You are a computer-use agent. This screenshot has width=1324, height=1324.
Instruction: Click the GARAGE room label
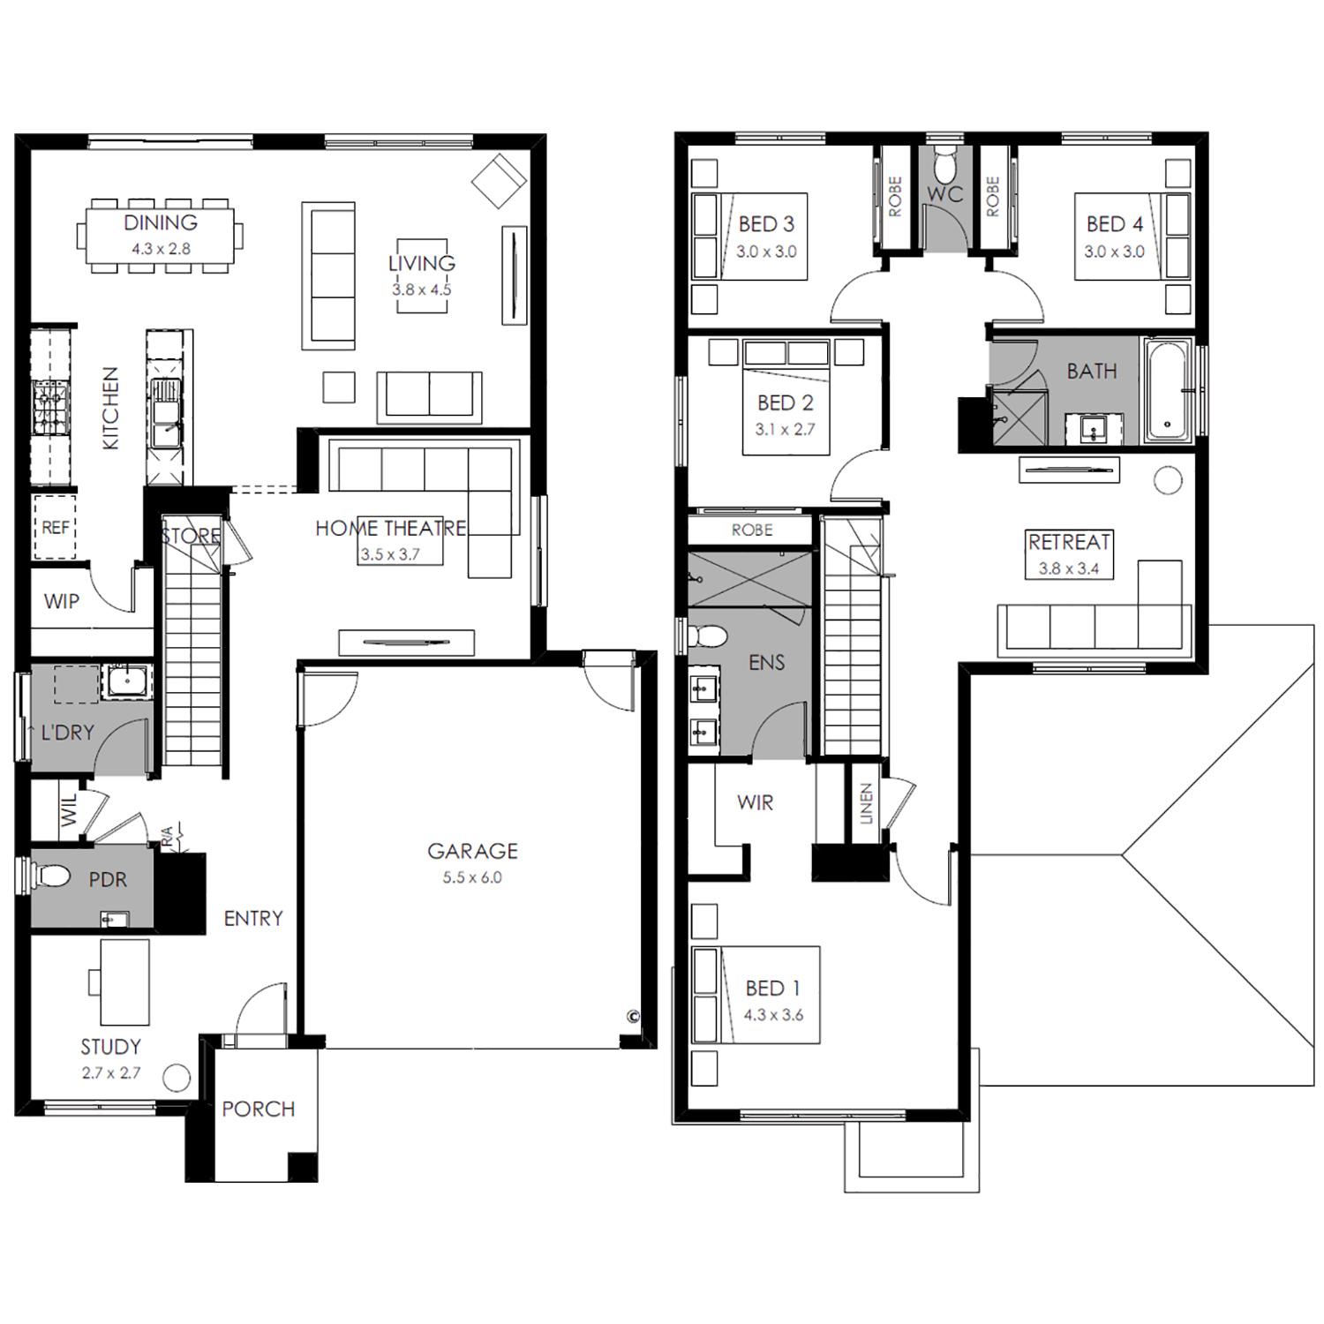point(472,851)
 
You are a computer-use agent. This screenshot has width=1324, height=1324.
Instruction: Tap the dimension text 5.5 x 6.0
point(472,877)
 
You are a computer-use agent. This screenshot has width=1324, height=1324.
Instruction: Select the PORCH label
point(259,1109)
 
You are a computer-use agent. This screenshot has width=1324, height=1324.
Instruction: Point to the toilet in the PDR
point(51,876)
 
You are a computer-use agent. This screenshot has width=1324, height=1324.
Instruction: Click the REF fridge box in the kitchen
point(55,527)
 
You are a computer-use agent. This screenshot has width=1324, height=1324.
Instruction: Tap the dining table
point(160,236)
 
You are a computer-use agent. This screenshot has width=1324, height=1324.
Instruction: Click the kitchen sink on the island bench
point(165,411)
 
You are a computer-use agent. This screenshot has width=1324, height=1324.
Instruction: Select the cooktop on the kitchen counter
point(50,407)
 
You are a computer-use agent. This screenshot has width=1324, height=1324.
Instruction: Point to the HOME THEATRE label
point(391,528)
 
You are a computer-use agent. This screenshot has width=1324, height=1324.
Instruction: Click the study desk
point(124,982)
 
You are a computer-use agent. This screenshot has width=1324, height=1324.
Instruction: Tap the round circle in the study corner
point(177,1078)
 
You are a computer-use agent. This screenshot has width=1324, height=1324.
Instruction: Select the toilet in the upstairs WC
point(944,163)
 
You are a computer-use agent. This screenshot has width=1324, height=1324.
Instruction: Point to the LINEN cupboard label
point(866,803)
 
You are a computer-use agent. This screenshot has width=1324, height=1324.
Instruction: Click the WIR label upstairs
point(755,802)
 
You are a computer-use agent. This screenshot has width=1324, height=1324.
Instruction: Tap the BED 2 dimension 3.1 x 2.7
point(785,430)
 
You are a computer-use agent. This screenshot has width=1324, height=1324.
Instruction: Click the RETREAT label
point(1069,542)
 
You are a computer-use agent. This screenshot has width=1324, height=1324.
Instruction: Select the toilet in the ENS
point(707,636)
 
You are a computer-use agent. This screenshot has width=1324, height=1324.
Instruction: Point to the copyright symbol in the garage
point(633,1016)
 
